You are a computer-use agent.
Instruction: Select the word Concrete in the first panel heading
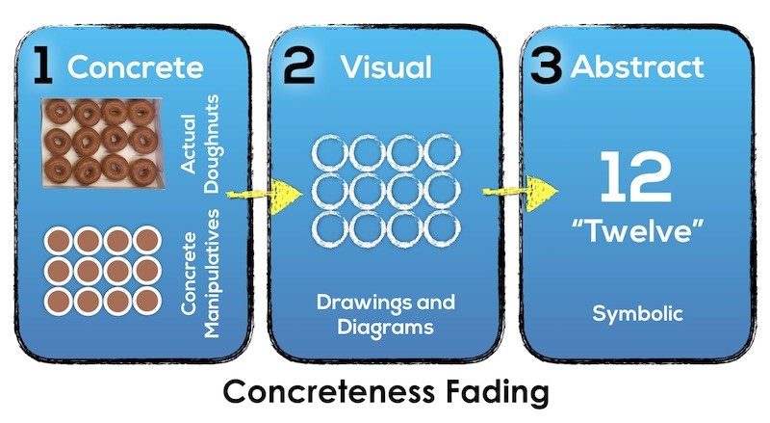pos(136,67)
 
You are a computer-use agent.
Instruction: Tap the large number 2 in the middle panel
pos(299,66)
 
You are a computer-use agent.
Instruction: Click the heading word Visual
pos(388,66)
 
